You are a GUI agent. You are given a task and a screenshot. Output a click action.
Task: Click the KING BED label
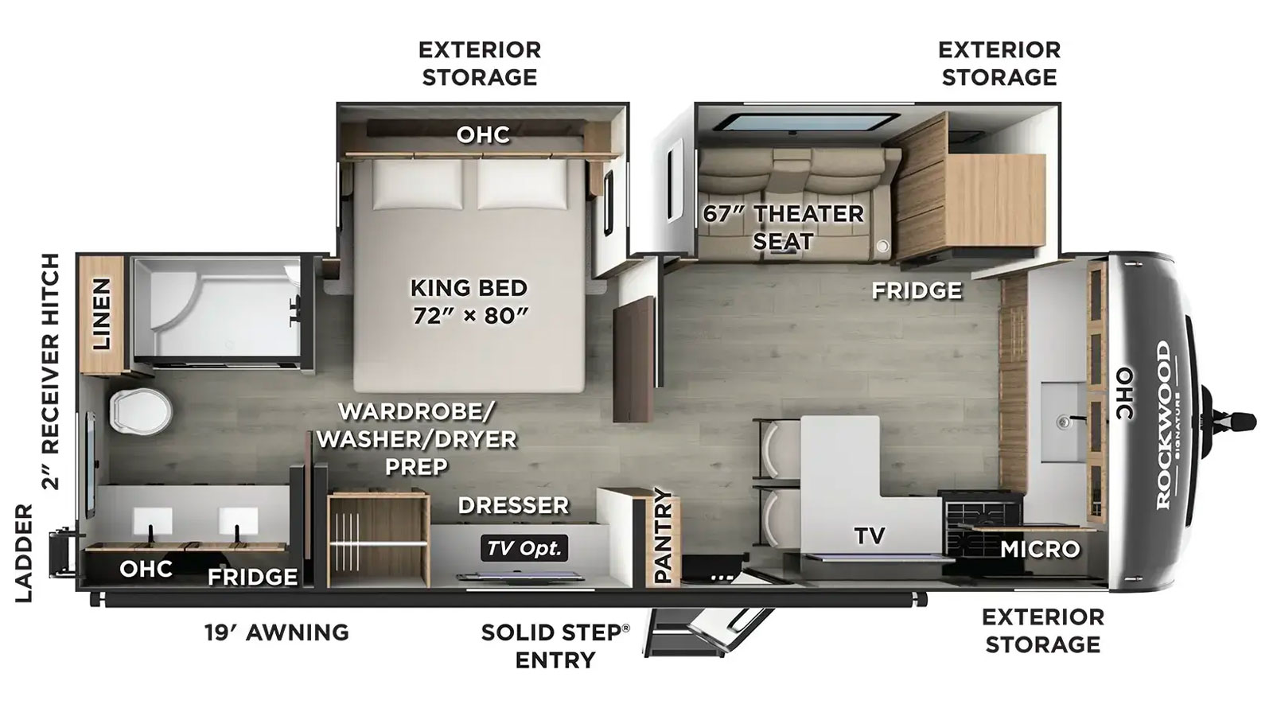(x=469, y=288)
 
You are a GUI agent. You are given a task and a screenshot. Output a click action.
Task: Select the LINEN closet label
(x=102, y=314)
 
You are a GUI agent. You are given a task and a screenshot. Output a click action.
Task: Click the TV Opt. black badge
(x=524, y=548)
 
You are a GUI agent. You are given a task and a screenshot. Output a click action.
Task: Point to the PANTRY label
(x=663, y=535)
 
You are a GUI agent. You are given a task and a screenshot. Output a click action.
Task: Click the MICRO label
(x=1040, y=549)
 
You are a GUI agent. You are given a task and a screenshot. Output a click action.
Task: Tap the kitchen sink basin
(x=1064, y=422)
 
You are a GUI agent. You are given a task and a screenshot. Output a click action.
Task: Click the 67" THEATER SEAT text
(x=783, y=228)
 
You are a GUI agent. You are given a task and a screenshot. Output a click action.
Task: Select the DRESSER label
(x=513, y=505)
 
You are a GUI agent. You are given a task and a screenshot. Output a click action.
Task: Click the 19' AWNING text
(x=277, y=632)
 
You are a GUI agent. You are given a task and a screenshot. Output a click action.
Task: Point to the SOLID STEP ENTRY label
(x=555, y=646)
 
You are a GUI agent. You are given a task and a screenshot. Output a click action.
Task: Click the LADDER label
(x=24, y=553)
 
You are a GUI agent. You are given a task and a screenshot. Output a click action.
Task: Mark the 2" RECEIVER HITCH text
(x=50, y=372)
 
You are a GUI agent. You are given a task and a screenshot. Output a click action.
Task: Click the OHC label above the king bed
(x=483, y=134)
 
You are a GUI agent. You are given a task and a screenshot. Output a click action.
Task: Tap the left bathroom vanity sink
(x=152, y=522)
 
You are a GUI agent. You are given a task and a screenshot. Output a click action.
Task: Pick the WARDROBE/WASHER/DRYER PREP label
(x=417, y=438)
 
